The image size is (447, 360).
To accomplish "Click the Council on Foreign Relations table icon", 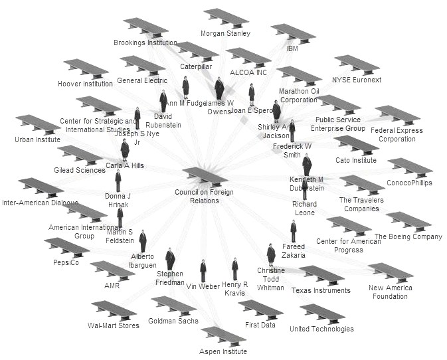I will click(205, 177).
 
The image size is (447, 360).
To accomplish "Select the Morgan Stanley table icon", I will click(226, 18).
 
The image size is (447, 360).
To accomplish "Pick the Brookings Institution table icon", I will click(145, 27).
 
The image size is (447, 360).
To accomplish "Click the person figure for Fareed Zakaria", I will click(293, 231).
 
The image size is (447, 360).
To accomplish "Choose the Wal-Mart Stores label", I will click(114, 325).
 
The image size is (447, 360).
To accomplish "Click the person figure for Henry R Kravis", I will click(234, 270).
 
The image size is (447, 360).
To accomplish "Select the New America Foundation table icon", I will click(391, 272).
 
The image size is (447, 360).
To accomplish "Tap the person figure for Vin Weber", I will click(203, 270).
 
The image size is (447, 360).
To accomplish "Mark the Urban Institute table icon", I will click(38, 125).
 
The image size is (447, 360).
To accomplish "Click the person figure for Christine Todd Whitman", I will click(271, 254).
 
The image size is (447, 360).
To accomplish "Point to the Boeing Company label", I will click(408, 236).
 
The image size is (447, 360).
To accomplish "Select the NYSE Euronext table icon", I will click(357, 65).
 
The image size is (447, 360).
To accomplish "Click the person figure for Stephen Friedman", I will click(170, 258).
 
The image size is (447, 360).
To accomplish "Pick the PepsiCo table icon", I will click(66, 247).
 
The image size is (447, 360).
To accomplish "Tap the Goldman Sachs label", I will click(173, 321).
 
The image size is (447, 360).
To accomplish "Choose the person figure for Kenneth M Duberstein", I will click(306, 164).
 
